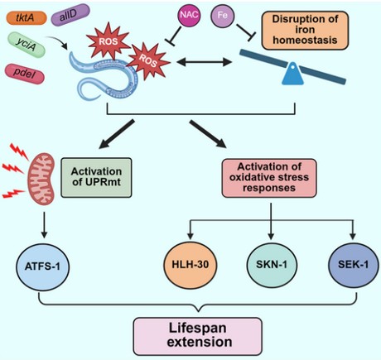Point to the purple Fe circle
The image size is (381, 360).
(x=222, y=14)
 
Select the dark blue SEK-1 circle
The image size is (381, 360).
(x=351, y=269)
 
